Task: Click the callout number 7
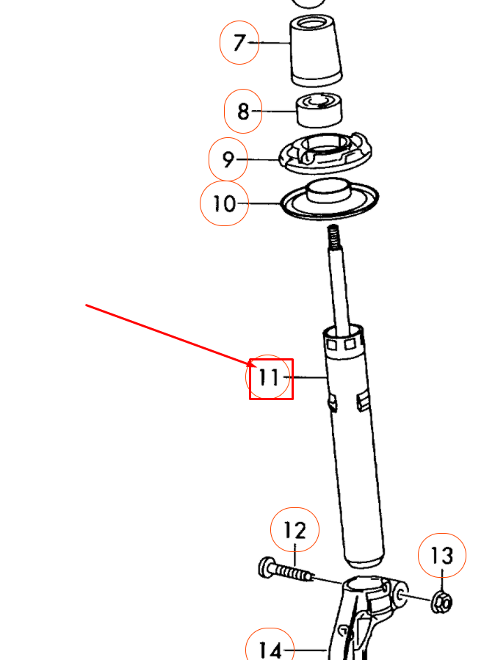point(239,43)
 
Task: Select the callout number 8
point(243,112)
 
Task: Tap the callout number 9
point(228,159)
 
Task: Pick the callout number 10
point(224,203)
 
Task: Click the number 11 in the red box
point(270,378)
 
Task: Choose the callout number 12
point(295,530)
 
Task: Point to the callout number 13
point(443,556)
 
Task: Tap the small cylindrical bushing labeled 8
point(320,109)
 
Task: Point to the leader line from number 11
point(309,377)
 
